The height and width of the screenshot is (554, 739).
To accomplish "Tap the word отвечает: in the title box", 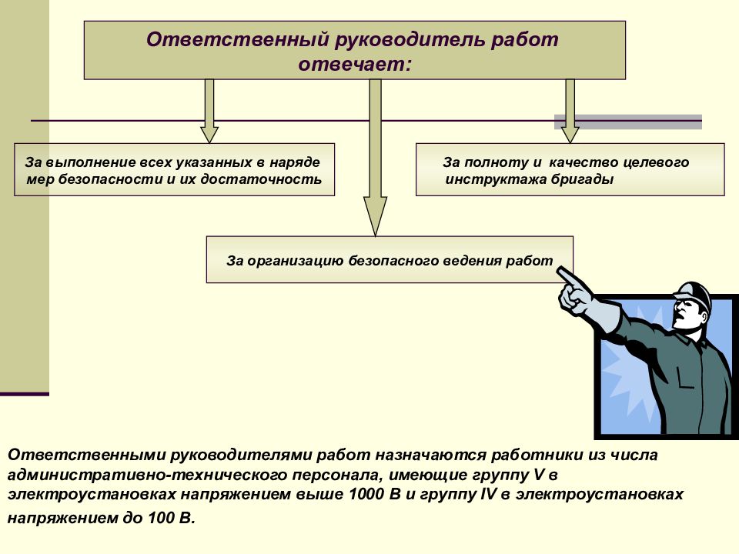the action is click(355, 64).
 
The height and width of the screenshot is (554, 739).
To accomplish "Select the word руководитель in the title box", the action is click(410, 39).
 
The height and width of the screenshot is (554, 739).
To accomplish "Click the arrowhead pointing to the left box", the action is click(209, 134).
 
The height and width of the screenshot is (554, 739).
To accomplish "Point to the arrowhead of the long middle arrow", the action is click(375, 215).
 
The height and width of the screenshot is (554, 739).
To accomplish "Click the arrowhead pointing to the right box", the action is click(570, 134).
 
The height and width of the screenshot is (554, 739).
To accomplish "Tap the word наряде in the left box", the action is click(295, 163).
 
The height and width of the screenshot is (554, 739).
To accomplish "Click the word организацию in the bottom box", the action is click(295, 261).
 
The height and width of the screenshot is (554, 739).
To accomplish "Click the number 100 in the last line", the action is click(160, 519).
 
